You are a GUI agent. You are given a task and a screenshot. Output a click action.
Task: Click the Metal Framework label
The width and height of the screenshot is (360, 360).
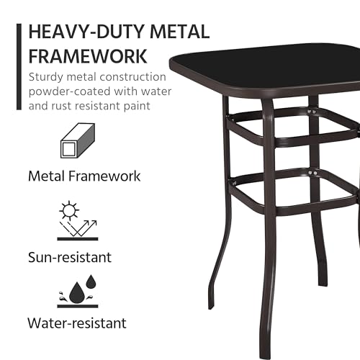point(84,176)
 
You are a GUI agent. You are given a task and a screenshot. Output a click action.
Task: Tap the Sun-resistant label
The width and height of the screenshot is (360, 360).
point(70,257)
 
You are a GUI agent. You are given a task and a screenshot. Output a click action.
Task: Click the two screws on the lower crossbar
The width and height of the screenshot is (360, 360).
point(312,174)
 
